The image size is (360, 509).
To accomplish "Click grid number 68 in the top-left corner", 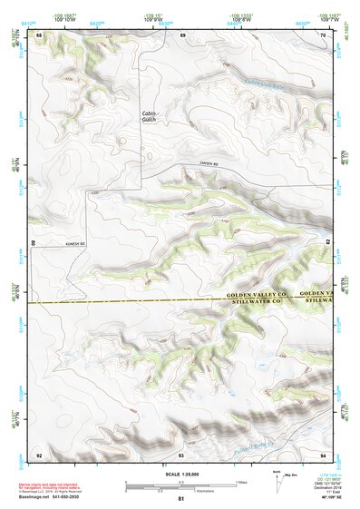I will point(39,34).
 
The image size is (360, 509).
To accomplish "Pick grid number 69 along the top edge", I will point(182,34).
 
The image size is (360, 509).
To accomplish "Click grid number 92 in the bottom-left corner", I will point(39,454).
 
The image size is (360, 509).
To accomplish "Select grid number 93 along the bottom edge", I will point(181,454).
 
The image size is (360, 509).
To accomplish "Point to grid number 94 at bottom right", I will point(323,454).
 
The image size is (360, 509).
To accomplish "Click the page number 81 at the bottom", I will point(181,499).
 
